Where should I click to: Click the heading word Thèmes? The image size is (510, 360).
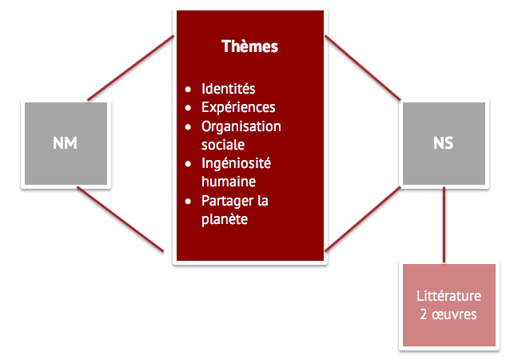[249, 46]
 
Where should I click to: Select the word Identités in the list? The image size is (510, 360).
[229, 89]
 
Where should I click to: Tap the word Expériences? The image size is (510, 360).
[238, 107]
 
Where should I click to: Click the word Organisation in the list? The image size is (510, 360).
[241, 126]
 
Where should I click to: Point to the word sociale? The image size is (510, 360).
[223, 145]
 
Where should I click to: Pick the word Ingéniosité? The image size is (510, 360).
[236, 163]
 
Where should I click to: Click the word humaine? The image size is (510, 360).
[228, 182]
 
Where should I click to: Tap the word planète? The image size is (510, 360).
[225, 218]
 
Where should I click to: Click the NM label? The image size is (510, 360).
[65, 143]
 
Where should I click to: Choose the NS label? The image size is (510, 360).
[443, 143]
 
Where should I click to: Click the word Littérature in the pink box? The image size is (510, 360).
[448, 296]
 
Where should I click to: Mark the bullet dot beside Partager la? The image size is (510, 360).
[188, 201]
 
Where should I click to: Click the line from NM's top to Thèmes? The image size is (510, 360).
[130, 68]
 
